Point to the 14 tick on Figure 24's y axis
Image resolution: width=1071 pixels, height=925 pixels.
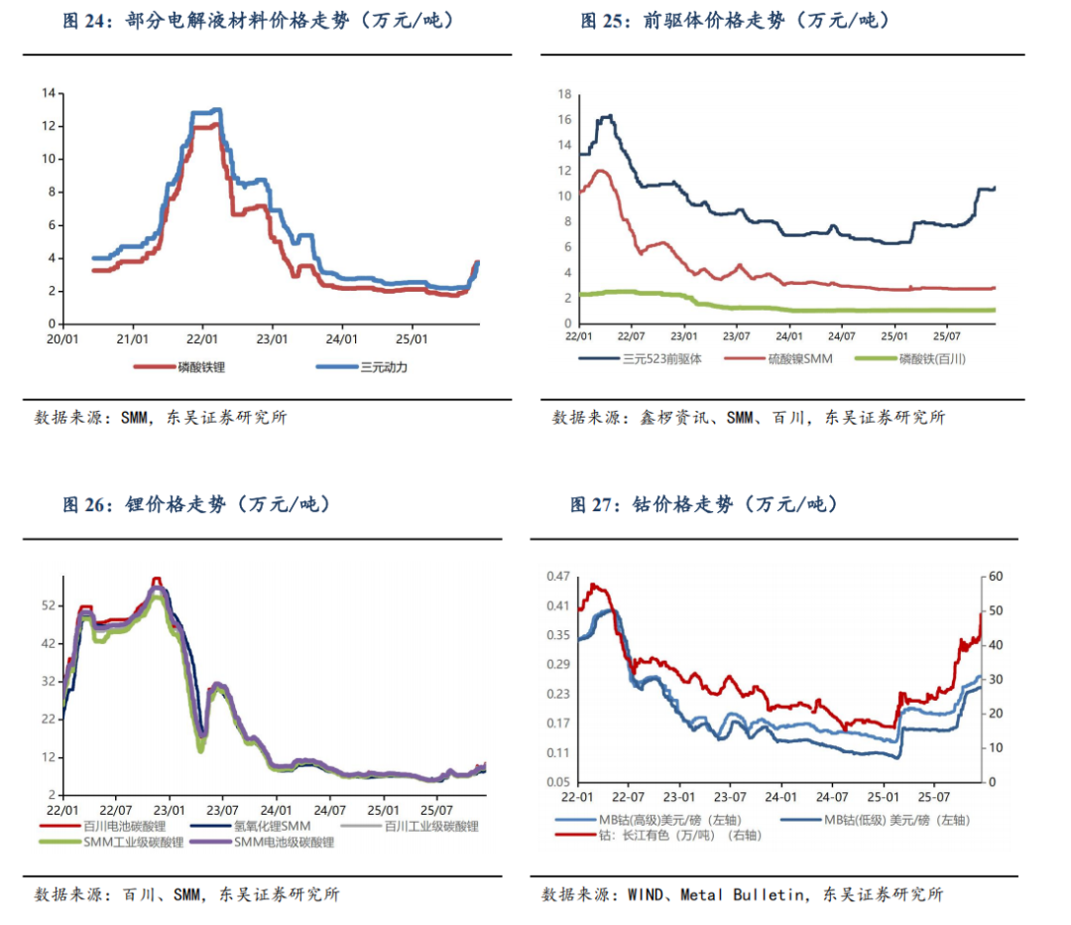point(48,93)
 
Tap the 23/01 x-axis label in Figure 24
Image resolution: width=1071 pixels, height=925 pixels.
point(272,338)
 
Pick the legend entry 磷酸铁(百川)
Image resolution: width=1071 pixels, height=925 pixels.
point(931,358)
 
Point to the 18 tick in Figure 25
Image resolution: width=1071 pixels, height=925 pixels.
point(565,94)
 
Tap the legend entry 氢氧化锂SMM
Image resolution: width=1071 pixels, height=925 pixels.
point(265,826)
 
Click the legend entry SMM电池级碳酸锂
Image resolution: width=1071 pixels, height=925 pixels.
point(284,842)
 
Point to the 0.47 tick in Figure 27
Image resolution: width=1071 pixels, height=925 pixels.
point(559,577)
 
